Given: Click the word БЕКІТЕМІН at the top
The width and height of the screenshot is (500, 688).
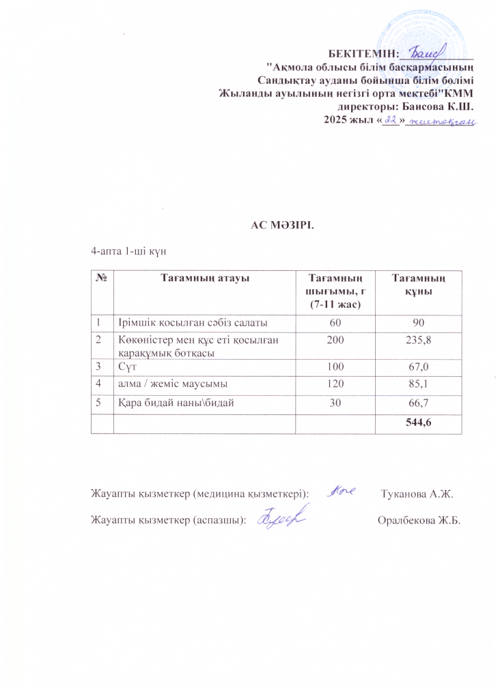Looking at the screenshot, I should (x=363, y=53).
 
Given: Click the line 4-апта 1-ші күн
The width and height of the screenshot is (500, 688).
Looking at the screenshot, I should (x=129, y=250).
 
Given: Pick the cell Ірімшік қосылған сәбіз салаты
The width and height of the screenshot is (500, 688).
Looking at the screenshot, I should (x=182, y=321).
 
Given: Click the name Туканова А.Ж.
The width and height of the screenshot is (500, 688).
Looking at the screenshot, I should (x=417, y=493).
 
